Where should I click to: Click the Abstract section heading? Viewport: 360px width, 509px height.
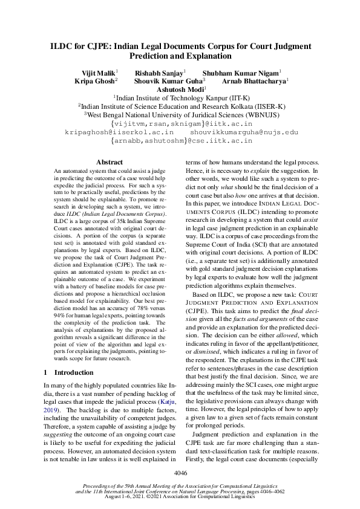[110, 162]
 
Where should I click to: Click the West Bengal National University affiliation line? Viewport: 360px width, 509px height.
[180, 114]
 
